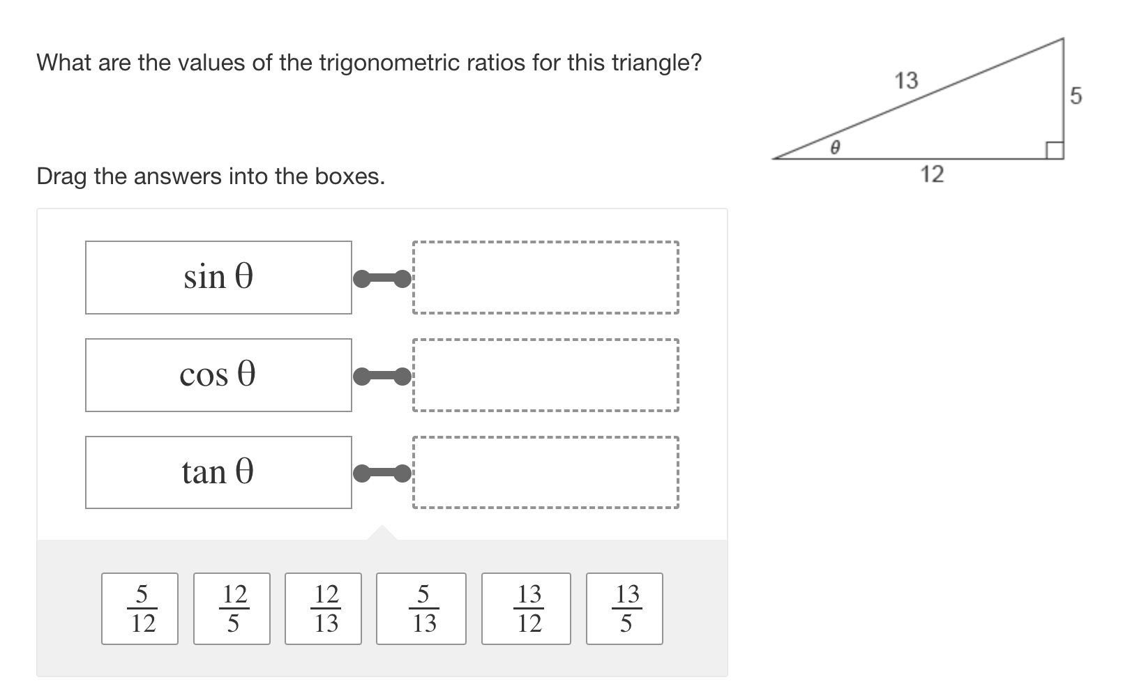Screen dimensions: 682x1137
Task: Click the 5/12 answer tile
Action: tap(140, 609)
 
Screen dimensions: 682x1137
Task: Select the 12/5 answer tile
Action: tap(232, 609)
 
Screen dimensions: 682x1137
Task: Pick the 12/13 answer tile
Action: tap(323, 609)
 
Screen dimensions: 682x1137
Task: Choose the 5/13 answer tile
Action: tap(421, 609)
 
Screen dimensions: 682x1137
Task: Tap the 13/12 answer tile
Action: tap(526, 609)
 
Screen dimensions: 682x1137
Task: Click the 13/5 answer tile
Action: tap(624, 609)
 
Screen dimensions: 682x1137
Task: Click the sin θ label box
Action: tap(218, 278)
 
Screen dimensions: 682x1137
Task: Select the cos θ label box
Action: tap(218, 375)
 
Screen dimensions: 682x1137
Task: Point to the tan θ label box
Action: tap(218, 473)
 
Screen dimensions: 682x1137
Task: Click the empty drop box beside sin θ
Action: tap(545, 278)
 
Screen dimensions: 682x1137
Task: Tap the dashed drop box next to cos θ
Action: tap(545, 375)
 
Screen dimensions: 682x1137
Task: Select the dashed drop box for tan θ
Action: tap(545, 473)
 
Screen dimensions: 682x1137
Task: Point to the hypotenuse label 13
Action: tap(906, 81)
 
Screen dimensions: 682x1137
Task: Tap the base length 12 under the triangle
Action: tap(932, 174)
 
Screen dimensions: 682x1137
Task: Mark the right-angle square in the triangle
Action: tap(1054, 150)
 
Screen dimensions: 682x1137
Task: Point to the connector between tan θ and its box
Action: tap(382, 474)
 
